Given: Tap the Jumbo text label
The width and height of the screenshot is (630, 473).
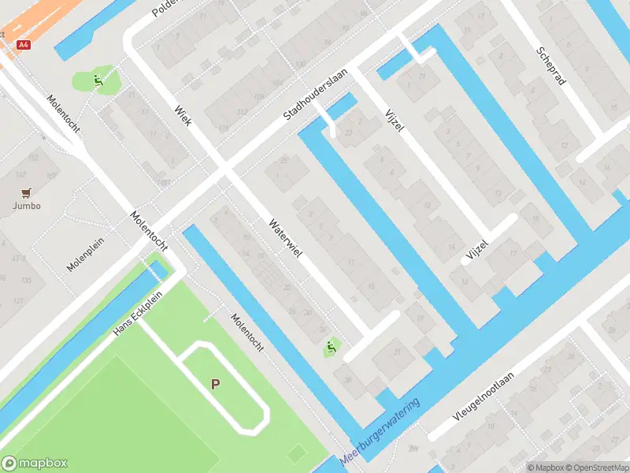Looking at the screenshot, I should point(26,206).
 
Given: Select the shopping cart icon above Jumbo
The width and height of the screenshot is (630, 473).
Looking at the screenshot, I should point(26,192).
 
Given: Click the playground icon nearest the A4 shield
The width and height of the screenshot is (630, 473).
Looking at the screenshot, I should point(97,79).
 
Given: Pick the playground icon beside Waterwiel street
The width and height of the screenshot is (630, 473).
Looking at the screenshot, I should point(330,346).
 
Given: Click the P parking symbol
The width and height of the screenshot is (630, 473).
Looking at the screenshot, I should point(214,384).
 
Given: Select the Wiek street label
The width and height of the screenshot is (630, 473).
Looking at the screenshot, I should point(183,115).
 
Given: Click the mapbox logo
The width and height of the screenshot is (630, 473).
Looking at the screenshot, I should point(35,464).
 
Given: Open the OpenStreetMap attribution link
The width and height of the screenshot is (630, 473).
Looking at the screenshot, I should point(597,467).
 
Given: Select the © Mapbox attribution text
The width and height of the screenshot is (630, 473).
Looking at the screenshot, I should point(547,467).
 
